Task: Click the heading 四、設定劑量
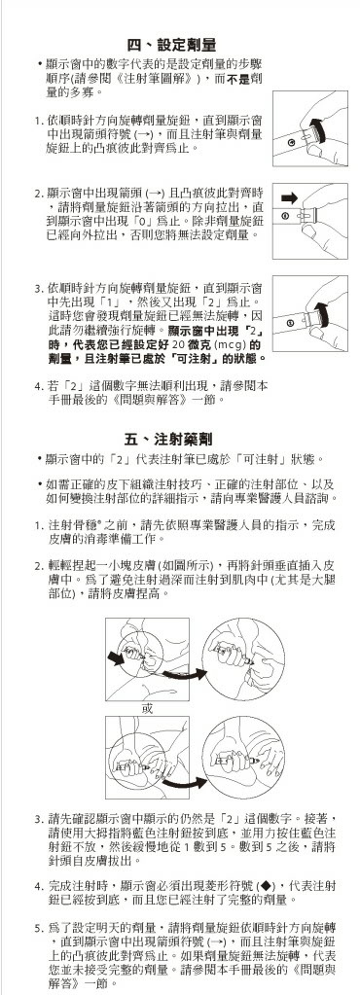click(171, 45)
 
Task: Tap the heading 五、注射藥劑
click(168, 439)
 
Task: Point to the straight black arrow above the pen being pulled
click(289, 198)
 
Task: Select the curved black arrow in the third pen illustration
click(322, 313)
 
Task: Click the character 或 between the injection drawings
click(147, 708)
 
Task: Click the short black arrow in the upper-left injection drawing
click(116, 659)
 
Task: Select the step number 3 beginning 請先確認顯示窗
click(38, 819)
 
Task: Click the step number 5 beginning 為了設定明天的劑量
click(38, 928)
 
